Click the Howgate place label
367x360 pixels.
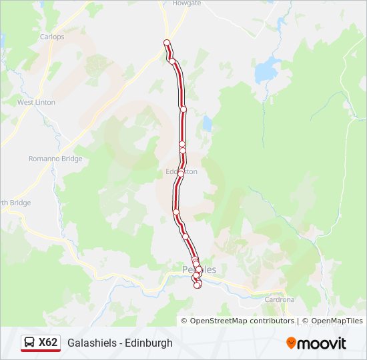186,3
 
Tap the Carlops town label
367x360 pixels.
52,37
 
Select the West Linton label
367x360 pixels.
35,103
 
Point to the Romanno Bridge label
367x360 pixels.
55,159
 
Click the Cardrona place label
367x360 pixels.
279,300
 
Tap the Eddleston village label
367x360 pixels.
182,171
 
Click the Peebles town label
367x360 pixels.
200,269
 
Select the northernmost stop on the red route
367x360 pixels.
167,43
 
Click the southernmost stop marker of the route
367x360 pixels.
198,285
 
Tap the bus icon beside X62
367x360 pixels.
29,343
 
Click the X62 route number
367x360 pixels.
48,343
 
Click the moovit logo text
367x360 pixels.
322,343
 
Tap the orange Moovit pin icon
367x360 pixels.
291,343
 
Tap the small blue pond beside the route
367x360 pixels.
207,123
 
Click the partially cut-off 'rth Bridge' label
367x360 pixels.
15,203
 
